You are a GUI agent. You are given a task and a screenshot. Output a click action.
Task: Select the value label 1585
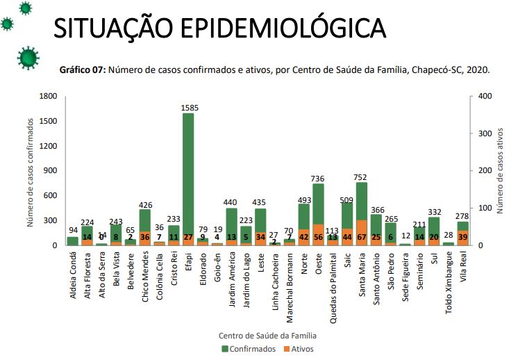(x=188, y=108)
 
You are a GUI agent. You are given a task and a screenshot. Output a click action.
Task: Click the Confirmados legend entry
(x=249, y=349)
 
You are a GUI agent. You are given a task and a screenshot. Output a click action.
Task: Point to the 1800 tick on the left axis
(x=47, y=96)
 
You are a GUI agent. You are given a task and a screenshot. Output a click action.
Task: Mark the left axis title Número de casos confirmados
(x=31, y=171)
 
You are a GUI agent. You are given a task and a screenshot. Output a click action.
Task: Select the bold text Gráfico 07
(x=83, y=70)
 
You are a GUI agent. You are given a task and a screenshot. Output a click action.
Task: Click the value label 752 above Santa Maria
(x=362, y=177)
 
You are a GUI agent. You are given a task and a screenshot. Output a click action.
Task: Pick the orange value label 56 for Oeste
(x=319, y=237)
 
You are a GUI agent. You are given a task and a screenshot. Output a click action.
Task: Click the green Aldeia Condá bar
(x=73, y=241)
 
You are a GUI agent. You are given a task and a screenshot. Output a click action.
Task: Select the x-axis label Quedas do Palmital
(x=333, y=282)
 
